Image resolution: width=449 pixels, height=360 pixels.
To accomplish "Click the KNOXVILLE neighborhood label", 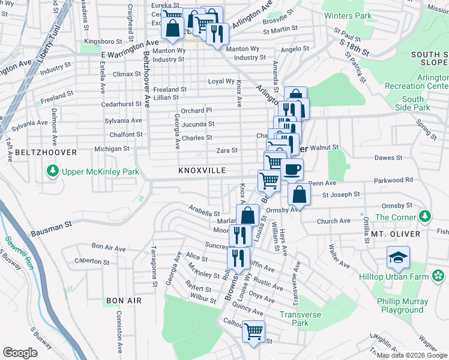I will (x=202, y=171).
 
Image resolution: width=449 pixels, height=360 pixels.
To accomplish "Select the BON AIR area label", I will (x=123, y=300).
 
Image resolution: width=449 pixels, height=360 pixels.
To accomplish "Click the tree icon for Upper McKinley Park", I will (x=53, y=173).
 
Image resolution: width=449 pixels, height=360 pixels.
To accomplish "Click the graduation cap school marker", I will (x=398, y=257).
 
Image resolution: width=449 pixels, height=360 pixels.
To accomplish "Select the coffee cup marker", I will (x=292, y=170).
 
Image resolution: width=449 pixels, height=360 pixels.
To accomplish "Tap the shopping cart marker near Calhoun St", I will (x=254, y=331).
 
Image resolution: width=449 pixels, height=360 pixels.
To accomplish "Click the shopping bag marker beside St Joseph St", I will (x=298, y=194).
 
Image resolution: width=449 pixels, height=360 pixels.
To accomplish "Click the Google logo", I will (x=20, y=352).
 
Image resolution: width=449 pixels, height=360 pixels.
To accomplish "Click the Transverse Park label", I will (x=300, y=319).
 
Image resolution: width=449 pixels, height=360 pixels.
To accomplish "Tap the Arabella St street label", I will (x=205, y=212).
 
